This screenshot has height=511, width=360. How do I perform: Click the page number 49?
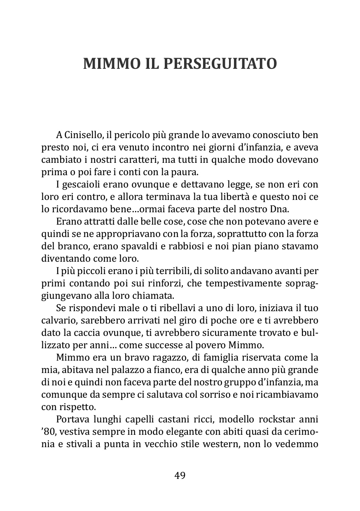(180, 475)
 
